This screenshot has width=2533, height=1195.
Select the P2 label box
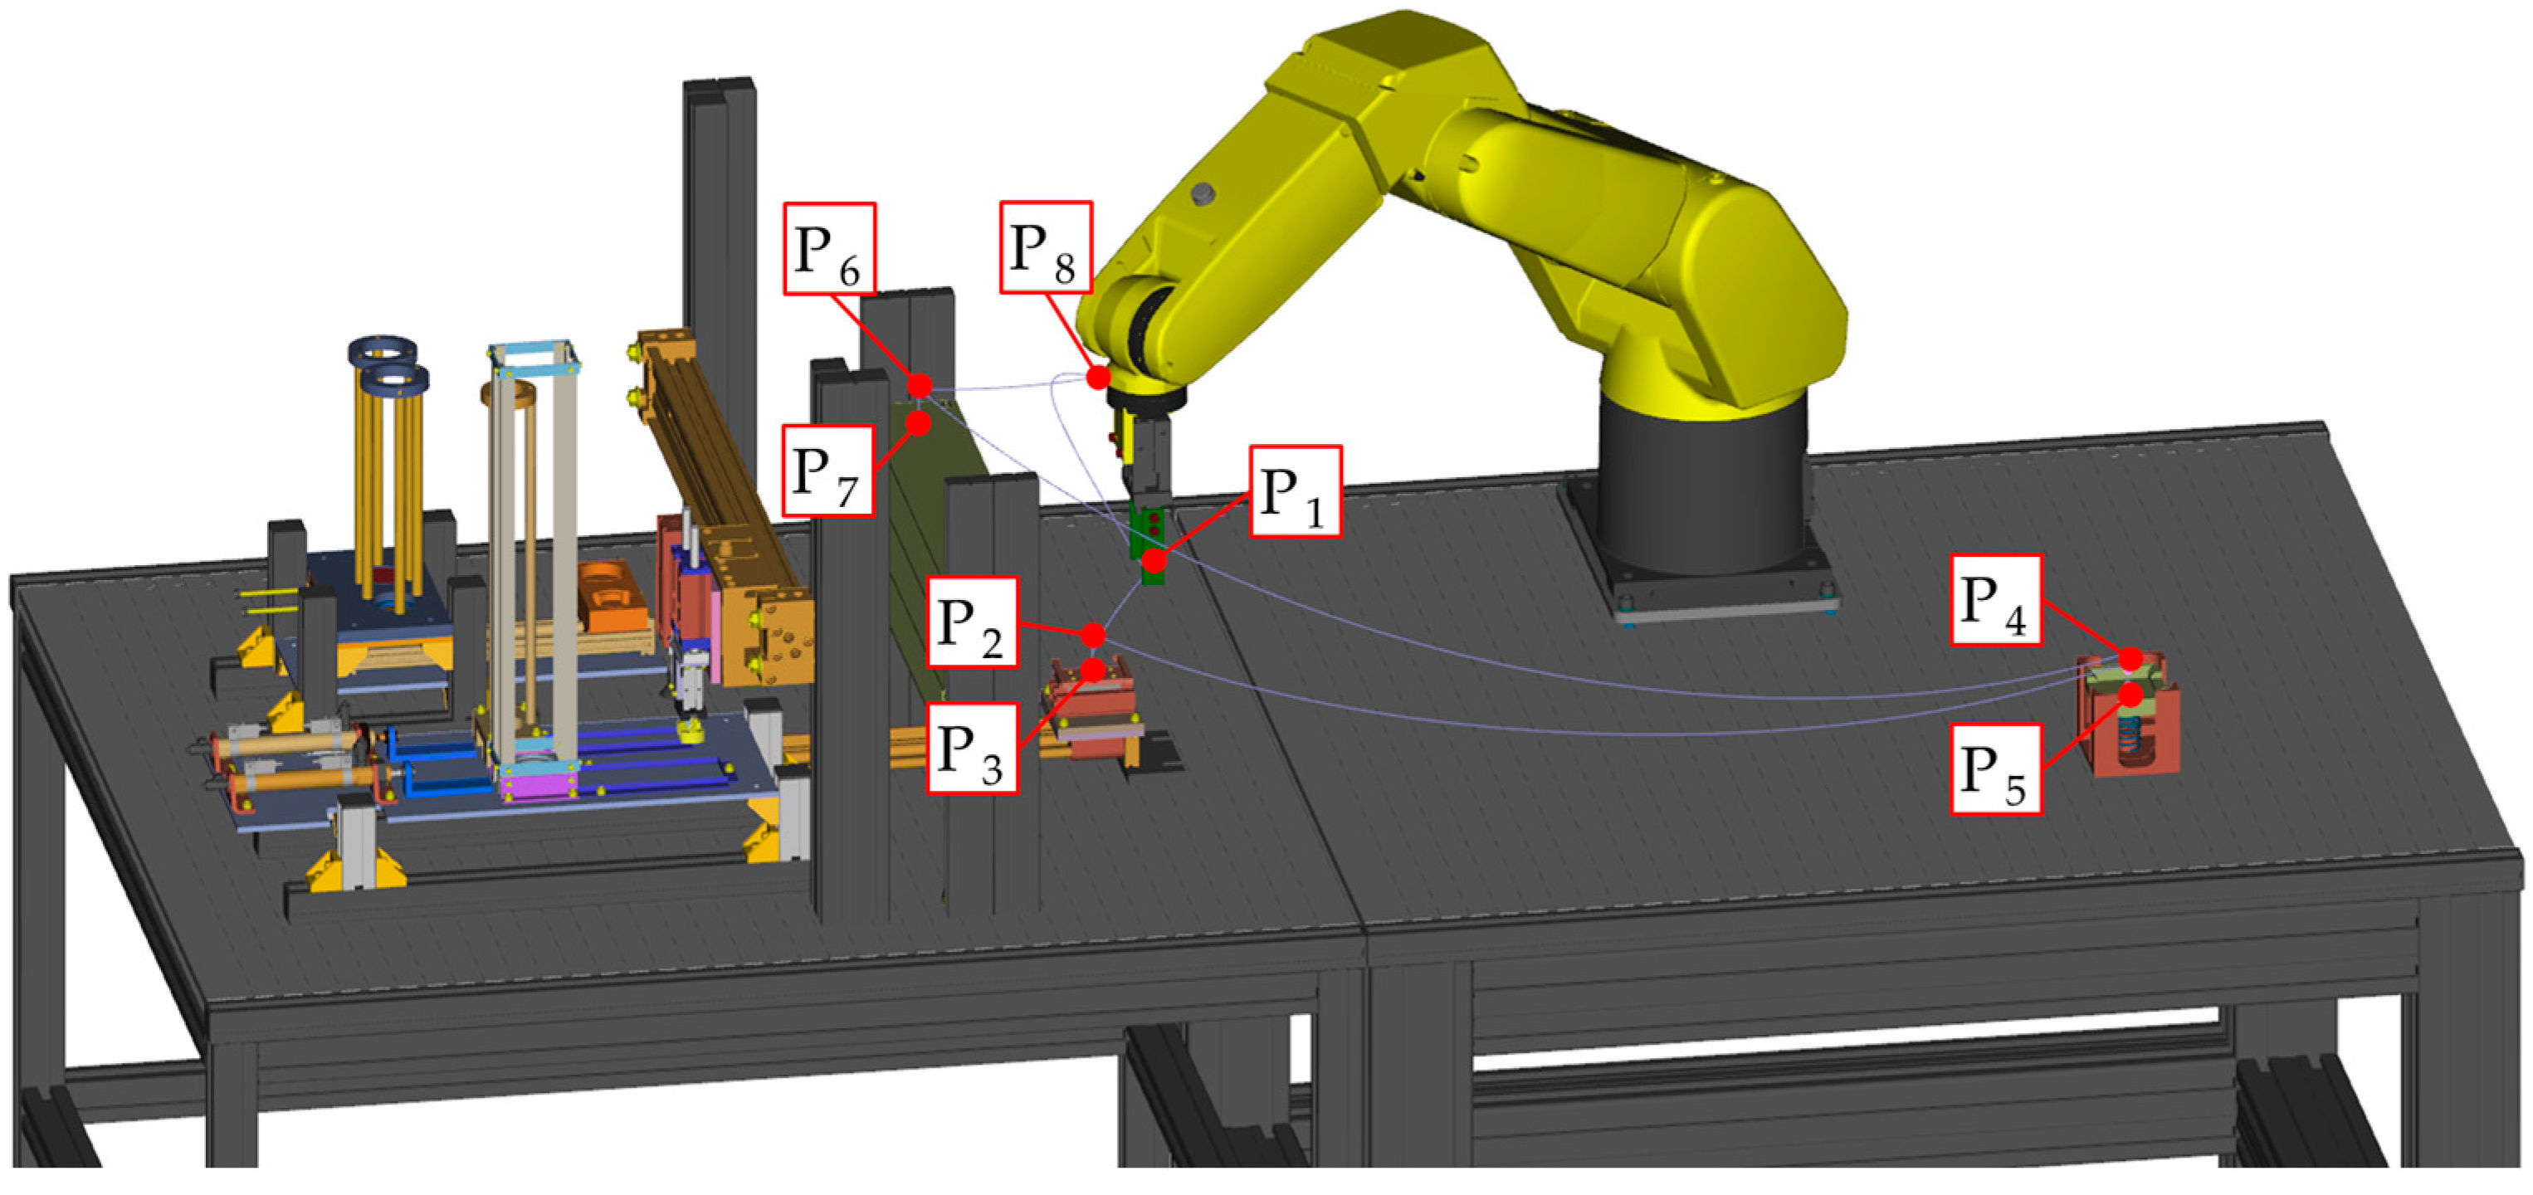tap(973, 622)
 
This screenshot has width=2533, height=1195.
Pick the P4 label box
tap(1996, 600)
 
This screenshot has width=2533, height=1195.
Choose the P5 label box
tap(1996, 769)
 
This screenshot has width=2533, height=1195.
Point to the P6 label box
tap(830, 249)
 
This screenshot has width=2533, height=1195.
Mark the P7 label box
tap(828, 471)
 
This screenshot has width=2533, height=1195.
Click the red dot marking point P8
tap(1098, 377)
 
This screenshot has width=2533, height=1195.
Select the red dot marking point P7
tap(919, 423)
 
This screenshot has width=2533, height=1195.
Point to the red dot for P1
tap(1154, 562)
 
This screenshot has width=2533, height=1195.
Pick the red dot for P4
tap(2130, 658)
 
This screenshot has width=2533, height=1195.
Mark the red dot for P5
tap(2130, 695)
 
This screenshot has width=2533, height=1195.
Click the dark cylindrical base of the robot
tap(1701, 492)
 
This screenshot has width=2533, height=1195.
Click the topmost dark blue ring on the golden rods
tap(383, 349)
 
